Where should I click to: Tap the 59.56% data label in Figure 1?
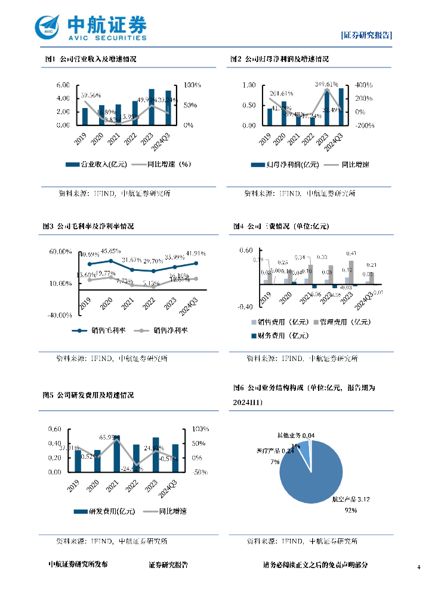(x=91, y=95)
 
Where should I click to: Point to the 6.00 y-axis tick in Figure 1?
(x=63, y=85)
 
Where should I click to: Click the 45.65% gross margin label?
(x=111, y=251)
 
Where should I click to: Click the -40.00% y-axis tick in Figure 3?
(x=60, y=315)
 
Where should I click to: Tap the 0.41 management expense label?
(x=351, y=254)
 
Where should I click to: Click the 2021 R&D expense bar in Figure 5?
(x=117, y=453)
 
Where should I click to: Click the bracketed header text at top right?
(x=366, y=35)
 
